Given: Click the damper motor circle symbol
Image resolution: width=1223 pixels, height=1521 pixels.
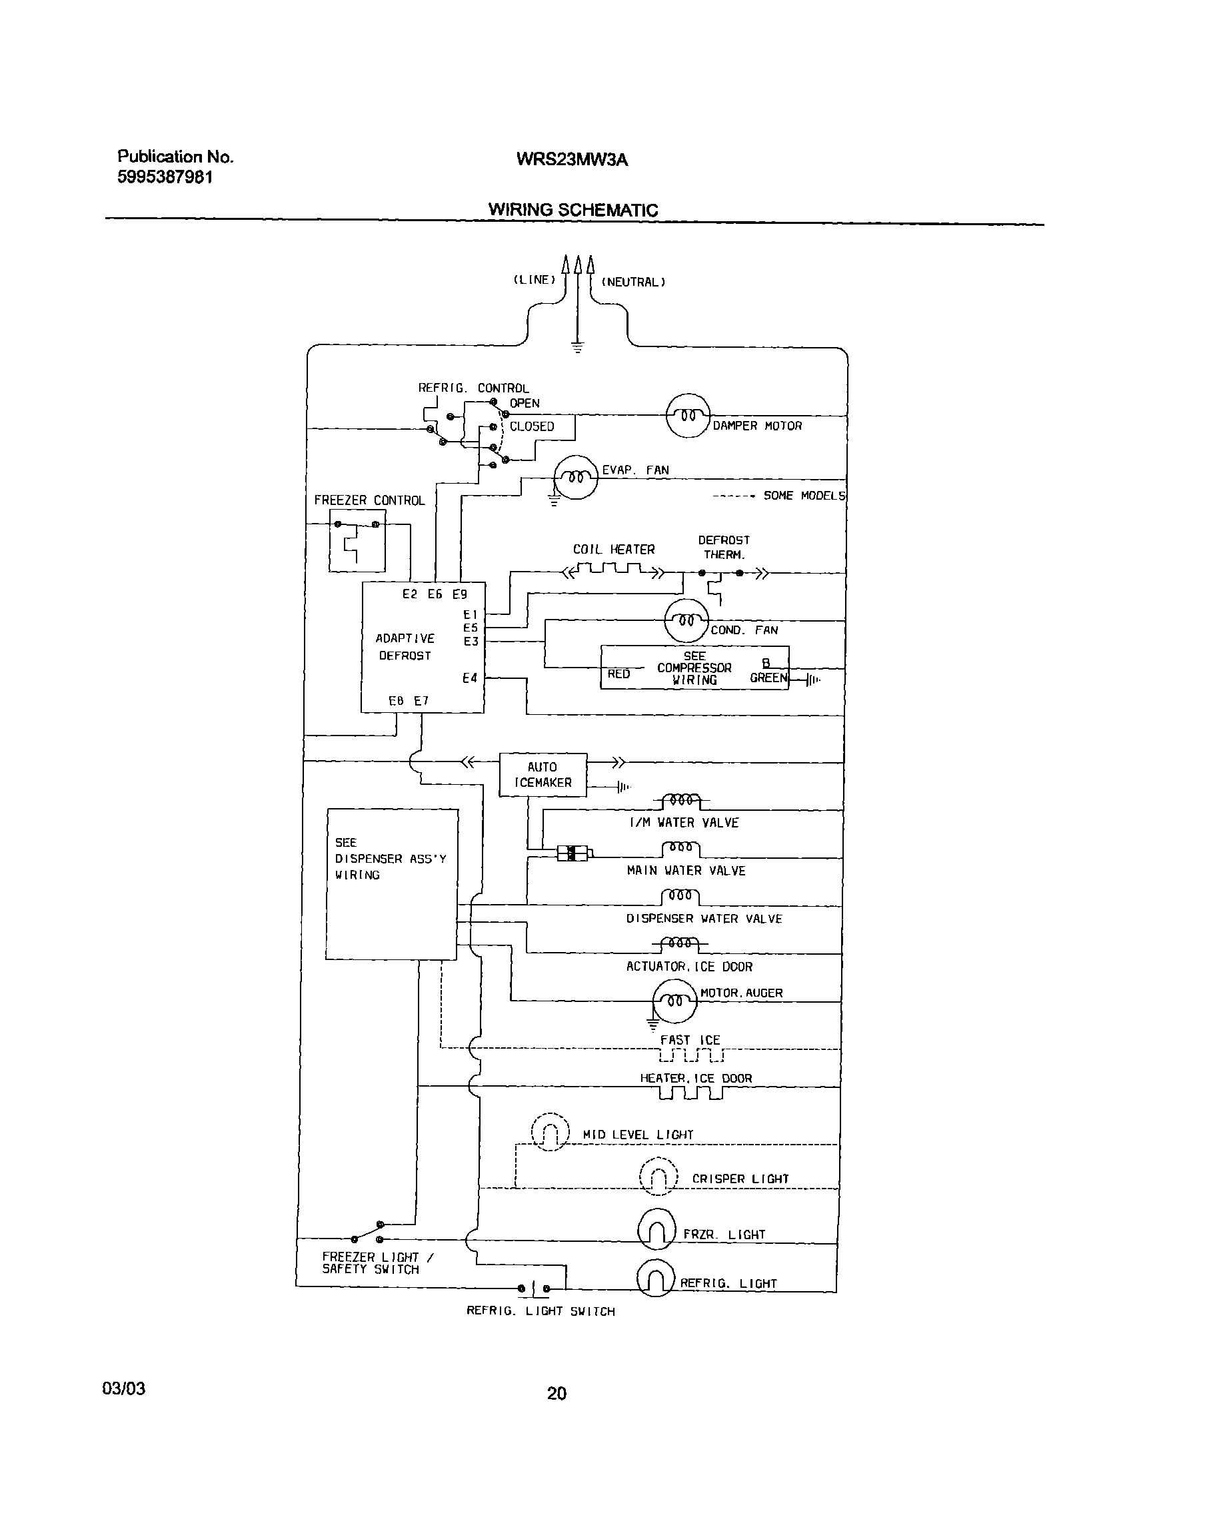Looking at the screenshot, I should point(687,416).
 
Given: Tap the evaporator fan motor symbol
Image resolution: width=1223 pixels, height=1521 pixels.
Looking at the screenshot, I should point(576,478).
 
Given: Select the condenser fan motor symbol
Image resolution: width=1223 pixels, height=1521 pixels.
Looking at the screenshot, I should point(686,621).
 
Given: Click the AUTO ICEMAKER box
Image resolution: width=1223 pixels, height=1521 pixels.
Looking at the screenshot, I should point(543,775).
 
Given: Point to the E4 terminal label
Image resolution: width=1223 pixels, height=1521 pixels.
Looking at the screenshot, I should point(469,678).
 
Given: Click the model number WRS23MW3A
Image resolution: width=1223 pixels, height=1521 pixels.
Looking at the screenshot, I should point(572,159).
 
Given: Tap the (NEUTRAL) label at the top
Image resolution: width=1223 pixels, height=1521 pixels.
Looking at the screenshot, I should point(633,282).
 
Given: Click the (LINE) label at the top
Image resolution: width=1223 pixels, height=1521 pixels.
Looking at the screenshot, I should point(535,280).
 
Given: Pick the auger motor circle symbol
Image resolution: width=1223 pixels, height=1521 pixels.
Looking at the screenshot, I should point(674,1001).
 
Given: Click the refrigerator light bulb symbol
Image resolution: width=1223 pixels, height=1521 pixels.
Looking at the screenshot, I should point(656,1278).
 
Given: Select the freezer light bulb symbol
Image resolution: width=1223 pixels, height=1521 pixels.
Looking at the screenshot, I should point(656,1229).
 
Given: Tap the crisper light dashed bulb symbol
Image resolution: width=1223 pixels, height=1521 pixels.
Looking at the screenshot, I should point(658,1177).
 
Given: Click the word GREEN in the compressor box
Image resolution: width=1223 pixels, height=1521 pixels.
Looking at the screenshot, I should point(768,678).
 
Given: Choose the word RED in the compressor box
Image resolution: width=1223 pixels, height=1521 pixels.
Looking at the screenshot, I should point(618,674).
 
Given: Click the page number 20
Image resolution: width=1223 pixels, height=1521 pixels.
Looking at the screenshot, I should point(556,1393).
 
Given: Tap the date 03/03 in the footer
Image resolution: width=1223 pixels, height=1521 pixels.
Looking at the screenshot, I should point(123,1388).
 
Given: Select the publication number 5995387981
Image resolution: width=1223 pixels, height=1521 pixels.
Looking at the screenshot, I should point(165,177).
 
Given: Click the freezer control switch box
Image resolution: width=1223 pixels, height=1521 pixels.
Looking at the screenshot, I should point(357,540).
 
